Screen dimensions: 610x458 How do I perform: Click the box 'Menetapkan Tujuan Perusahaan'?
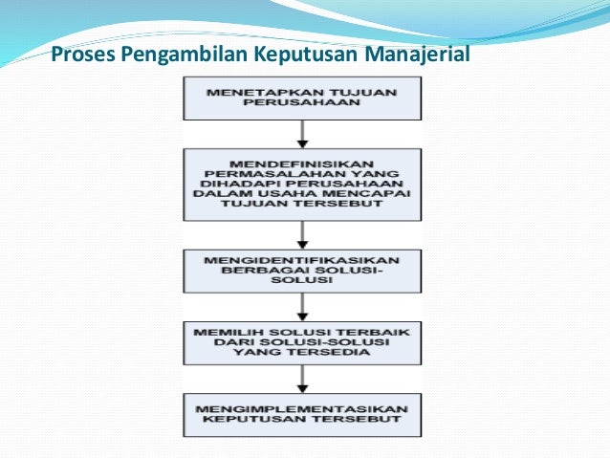301,97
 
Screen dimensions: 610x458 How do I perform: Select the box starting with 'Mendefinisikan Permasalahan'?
301,184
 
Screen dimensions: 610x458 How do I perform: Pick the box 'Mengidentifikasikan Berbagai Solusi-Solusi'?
301,271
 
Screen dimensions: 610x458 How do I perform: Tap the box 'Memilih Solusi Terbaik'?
301,340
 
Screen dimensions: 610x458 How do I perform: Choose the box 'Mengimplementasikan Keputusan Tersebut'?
301,414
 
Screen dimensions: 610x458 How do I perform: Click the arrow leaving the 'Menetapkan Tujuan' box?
301,133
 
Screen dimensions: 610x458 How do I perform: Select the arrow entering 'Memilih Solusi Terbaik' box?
301,305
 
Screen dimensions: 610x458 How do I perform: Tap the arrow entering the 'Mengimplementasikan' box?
301,377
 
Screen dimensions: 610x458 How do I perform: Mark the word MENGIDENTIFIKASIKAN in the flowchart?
301,259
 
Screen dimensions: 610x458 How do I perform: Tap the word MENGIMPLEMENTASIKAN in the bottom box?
301,408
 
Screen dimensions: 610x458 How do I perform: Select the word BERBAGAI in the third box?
258,271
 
